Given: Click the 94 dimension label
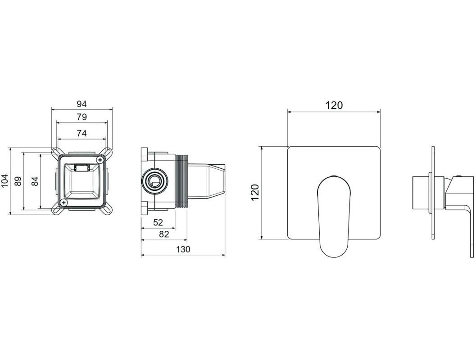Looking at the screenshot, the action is [82, 104].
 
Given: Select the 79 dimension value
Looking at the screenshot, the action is [82, 117].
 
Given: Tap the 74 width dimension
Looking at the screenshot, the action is [82, 133].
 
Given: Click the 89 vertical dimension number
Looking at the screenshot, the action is [18, 181].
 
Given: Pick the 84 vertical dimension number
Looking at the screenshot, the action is [35, 181].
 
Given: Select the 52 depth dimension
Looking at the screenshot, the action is [158, 223].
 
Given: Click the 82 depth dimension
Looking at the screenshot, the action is [163, 234].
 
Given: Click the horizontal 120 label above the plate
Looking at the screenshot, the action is [334, 105].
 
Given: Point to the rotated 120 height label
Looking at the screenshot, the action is [255, 192].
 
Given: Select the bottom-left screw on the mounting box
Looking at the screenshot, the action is [63, 202].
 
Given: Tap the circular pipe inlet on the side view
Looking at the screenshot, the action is [154, 181].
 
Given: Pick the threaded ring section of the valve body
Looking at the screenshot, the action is [181, 181].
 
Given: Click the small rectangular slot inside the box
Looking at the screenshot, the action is [82, 167].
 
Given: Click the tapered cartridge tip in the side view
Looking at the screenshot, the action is [216, 181].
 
